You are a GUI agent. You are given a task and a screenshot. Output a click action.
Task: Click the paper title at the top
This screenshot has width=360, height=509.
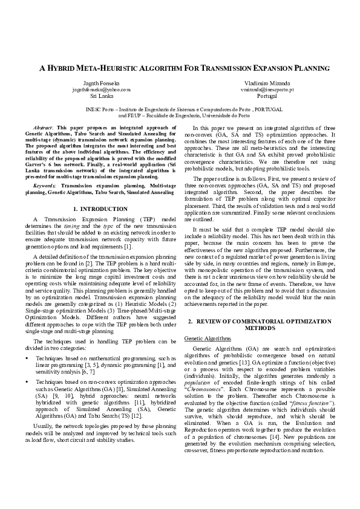[x=180, y=69]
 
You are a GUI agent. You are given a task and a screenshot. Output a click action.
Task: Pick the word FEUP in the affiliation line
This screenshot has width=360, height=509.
[x=130, y=114]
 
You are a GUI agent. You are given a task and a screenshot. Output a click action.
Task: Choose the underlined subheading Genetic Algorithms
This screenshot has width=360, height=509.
[x=205, y=338]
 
